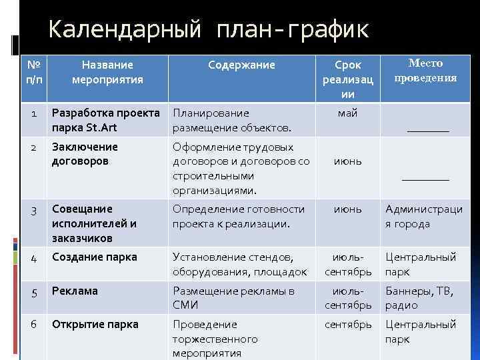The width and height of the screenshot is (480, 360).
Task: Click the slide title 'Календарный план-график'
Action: tap(209, 31)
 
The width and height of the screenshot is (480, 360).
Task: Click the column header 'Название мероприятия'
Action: tap(107, 72)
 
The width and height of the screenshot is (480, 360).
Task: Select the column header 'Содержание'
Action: tap(241, 65)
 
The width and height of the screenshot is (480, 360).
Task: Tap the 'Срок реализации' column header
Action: tap(348, 79)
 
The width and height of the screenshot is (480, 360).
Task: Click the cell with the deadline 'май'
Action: tap(348, 113)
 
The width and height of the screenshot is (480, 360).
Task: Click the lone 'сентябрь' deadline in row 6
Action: tap(348, 325)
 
